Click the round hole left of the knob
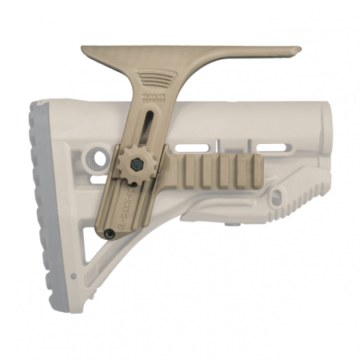[x=97, y=157]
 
